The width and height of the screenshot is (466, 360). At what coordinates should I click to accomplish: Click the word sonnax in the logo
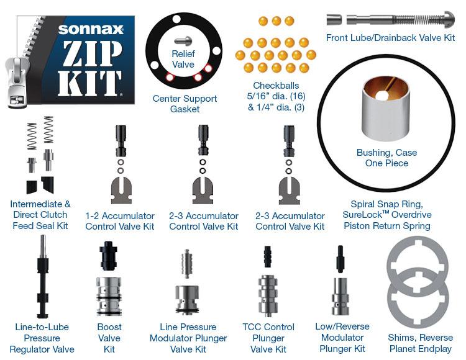[91, 29]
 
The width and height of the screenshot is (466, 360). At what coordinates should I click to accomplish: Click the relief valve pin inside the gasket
[183, 41]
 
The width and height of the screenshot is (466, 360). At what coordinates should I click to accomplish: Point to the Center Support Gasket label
[185, 104]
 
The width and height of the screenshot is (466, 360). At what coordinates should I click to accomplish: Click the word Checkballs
[276, 86]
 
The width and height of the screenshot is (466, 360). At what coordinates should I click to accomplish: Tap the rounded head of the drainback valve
[449, 19]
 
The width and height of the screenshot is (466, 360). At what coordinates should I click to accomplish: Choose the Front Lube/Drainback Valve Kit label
[391, 38]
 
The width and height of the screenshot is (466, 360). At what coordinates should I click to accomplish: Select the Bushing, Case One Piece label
[386, 158]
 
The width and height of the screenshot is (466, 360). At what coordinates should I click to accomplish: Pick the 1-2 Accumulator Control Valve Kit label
[120, 221]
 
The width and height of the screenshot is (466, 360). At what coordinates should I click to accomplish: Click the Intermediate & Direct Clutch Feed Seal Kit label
[40, 215]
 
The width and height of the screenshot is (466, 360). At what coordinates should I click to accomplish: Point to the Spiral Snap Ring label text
[386, 204]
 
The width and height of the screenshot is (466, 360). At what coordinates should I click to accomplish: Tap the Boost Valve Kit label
[109, 338]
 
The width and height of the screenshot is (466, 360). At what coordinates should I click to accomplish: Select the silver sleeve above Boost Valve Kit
[109, 296]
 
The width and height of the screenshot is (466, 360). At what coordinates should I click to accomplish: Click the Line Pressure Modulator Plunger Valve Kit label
[188, 338]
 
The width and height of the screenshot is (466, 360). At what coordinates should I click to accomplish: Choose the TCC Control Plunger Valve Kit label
[268, 338]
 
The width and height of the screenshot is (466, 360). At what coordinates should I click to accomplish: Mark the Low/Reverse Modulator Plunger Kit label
[342, 338]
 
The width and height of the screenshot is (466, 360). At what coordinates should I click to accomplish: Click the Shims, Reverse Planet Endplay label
[421, 343]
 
